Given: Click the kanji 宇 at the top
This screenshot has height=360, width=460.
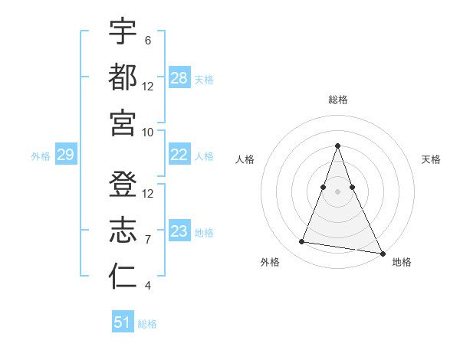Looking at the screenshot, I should click(123, 31).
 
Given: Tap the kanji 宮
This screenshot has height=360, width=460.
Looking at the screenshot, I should click(123, 123).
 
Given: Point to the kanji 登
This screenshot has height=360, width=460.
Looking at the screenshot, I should click(123, 184).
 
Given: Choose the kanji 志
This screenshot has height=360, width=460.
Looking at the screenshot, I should click(123, 230).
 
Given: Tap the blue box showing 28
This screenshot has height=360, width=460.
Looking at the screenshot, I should click(179, 78).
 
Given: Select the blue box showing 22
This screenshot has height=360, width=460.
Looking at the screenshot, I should click(179, 155).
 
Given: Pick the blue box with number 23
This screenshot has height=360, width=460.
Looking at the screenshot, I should click(179, 231).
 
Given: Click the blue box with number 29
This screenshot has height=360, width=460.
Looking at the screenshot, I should click(65, 155).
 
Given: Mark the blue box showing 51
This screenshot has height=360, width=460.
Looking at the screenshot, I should click(123, 322).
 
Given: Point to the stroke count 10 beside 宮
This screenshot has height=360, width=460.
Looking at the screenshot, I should click(148, 133).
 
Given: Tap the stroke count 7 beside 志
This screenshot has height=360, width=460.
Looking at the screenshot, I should click(147, 240).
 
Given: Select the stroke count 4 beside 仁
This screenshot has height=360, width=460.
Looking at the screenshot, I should click(147, 286).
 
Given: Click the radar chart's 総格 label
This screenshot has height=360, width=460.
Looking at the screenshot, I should click(337, 100).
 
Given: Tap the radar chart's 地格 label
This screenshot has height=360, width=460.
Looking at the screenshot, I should click(402, 262).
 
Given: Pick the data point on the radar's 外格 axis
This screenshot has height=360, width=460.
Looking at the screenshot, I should click(301, 242).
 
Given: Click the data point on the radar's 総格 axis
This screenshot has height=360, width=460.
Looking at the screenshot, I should click(337, 146).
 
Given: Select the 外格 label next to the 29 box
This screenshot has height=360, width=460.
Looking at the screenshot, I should click(41, 156).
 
